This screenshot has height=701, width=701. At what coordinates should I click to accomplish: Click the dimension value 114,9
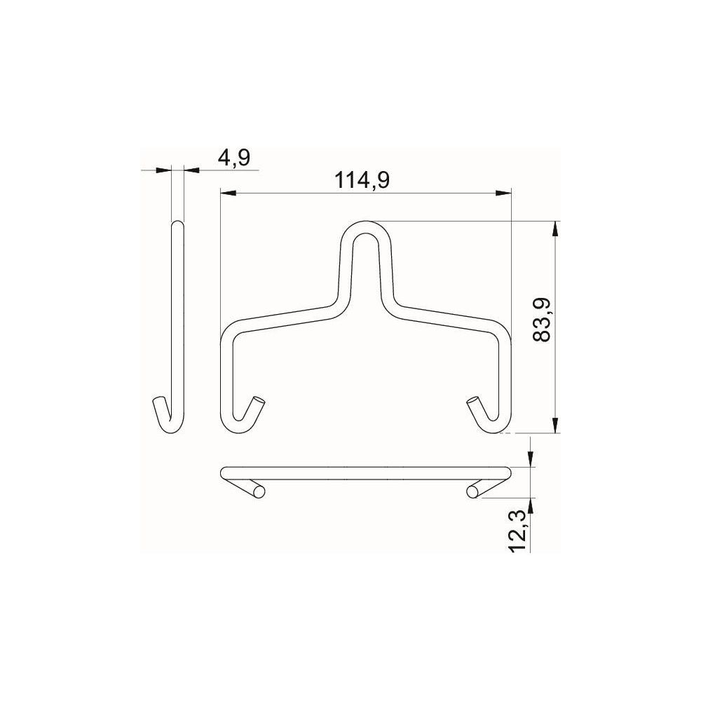pos(362,181)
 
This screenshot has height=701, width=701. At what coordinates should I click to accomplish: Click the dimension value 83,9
pos(543,320)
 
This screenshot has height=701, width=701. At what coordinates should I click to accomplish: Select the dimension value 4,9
pos(234,158)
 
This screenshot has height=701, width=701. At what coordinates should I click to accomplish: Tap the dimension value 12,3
pos(519,533)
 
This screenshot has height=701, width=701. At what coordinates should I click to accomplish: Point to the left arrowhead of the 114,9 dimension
pos(229,193)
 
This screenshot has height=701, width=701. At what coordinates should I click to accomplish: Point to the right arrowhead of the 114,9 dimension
pos(503,193)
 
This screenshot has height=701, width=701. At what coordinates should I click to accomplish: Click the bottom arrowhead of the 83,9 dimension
pos(555,426)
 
